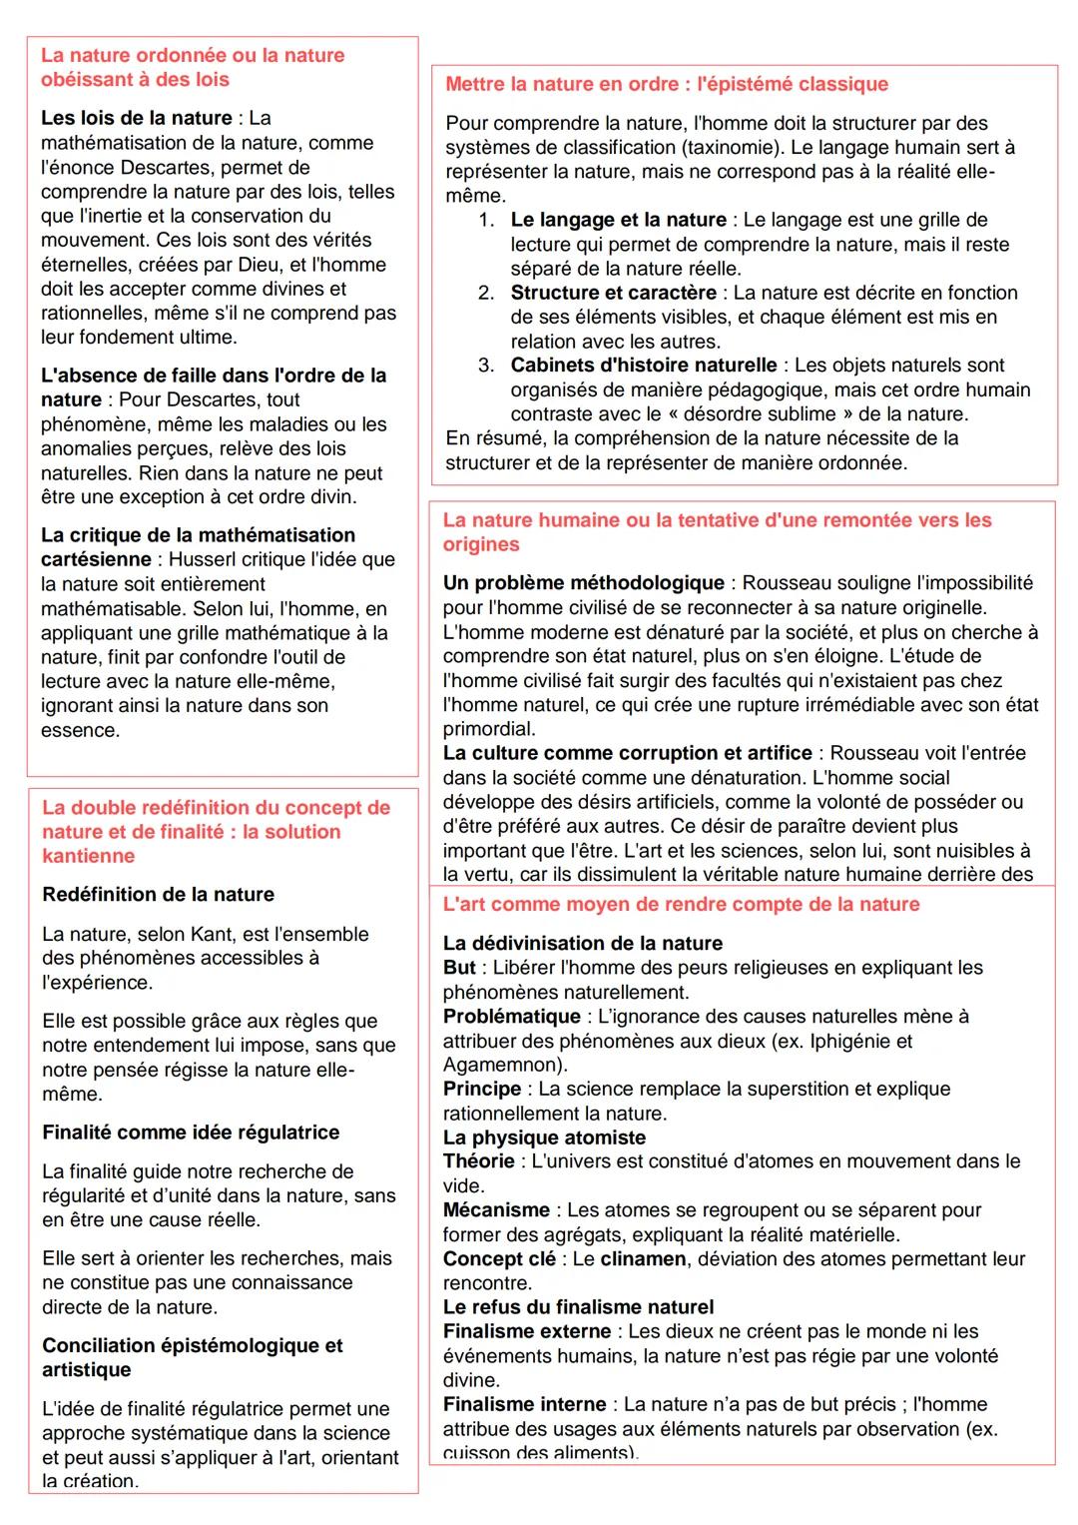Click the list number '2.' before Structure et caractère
coord(486,293)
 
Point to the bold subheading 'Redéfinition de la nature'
coord(158,894)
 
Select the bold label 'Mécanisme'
coord(496,1209)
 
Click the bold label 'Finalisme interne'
coord(524,1404)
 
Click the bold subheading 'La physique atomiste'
coord(544,1138)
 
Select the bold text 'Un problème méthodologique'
coord(584,582)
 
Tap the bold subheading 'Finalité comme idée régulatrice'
coord(191,1132)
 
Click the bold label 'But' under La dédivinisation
coord(459,968)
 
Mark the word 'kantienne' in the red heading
coord(88,856)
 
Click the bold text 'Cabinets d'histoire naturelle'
coord(644,365)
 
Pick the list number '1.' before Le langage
coord(486,220)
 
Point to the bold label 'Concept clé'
coord(499,1258)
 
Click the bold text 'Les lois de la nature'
coord(136,118)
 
